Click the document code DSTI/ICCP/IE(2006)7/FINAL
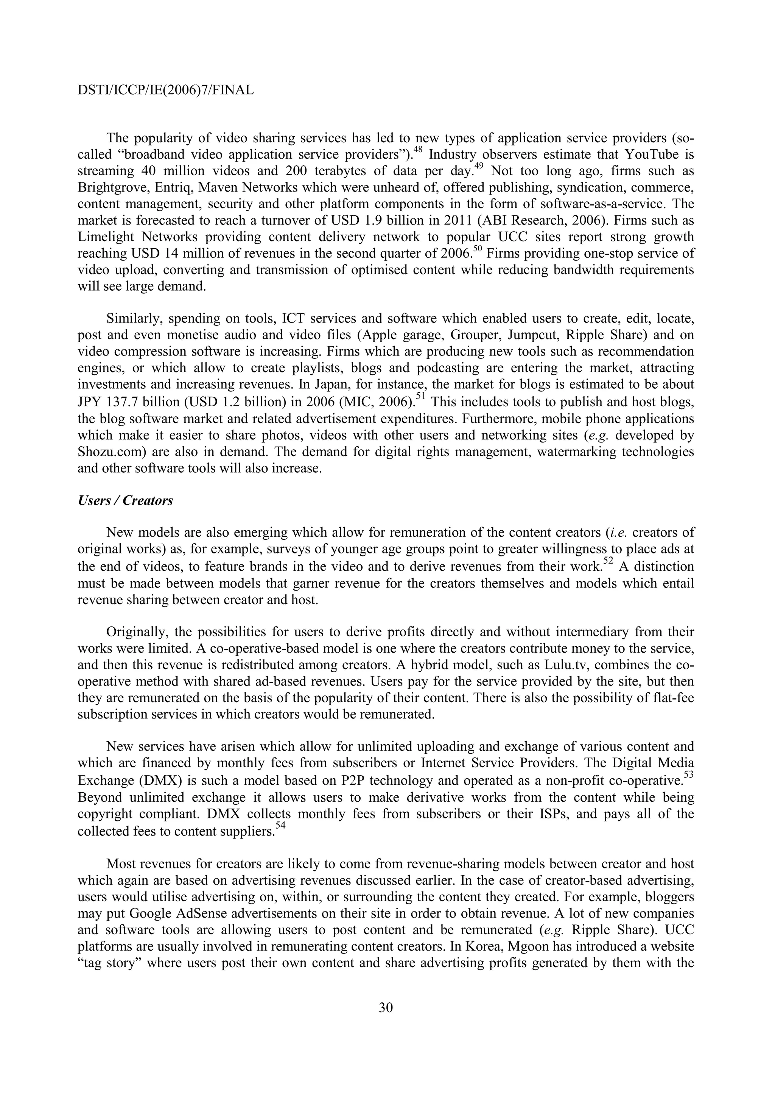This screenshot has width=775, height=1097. pyautogui.click(x=165, y=90)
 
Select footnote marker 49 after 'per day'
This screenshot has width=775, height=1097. pyautogui.click(x=479, y=167)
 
